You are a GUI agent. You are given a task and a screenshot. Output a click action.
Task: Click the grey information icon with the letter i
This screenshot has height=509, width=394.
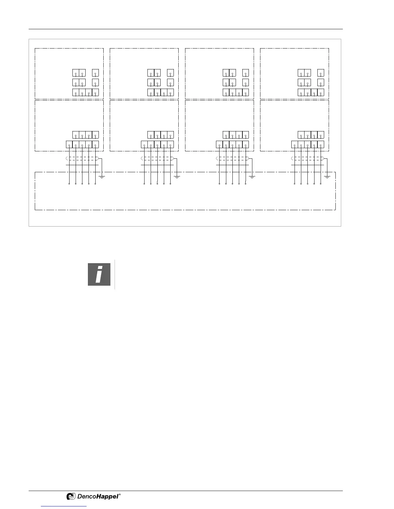click(99, 274)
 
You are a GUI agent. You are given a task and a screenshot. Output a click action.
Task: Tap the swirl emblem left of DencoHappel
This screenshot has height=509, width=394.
click(71, 496)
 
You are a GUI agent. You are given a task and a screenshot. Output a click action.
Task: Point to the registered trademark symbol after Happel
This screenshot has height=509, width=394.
click(120, 495)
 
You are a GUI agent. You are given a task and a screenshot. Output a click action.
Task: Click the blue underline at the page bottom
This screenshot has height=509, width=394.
click(64, 506)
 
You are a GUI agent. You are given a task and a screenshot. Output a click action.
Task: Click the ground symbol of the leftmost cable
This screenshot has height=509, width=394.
click(102, 176)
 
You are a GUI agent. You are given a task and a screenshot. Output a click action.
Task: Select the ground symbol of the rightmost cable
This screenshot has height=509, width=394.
click(327, 176)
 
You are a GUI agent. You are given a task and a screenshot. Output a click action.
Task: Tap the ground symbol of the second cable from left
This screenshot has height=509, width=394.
click(177, 176)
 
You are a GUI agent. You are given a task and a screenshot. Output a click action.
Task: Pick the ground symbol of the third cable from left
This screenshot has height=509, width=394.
click(252, 176)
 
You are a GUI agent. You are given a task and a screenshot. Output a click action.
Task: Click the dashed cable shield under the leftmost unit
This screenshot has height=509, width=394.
click(82, 158)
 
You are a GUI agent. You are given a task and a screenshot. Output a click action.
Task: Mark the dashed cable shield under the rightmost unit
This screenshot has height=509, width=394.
click(308, 158)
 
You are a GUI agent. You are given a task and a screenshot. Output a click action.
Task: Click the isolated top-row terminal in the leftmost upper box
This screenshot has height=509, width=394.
click(95, 73)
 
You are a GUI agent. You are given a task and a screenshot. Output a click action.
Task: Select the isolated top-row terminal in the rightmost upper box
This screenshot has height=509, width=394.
click(321, 73)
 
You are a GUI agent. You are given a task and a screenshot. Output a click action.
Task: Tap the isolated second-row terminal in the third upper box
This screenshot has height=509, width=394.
click(246, 83)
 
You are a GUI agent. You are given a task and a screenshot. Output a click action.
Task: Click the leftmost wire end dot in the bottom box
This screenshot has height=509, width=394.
click(69, 184)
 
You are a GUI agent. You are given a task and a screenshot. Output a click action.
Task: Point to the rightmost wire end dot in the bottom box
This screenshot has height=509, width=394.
click(321, 184)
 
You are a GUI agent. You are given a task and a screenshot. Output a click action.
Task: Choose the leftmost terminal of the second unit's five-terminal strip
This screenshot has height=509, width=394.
click(144, 145)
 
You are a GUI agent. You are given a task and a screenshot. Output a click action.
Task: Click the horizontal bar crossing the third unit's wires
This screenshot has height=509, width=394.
click(232, 165)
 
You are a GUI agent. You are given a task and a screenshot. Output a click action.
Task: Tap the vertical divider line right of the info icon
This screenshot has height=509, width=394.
click(115, 274)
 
